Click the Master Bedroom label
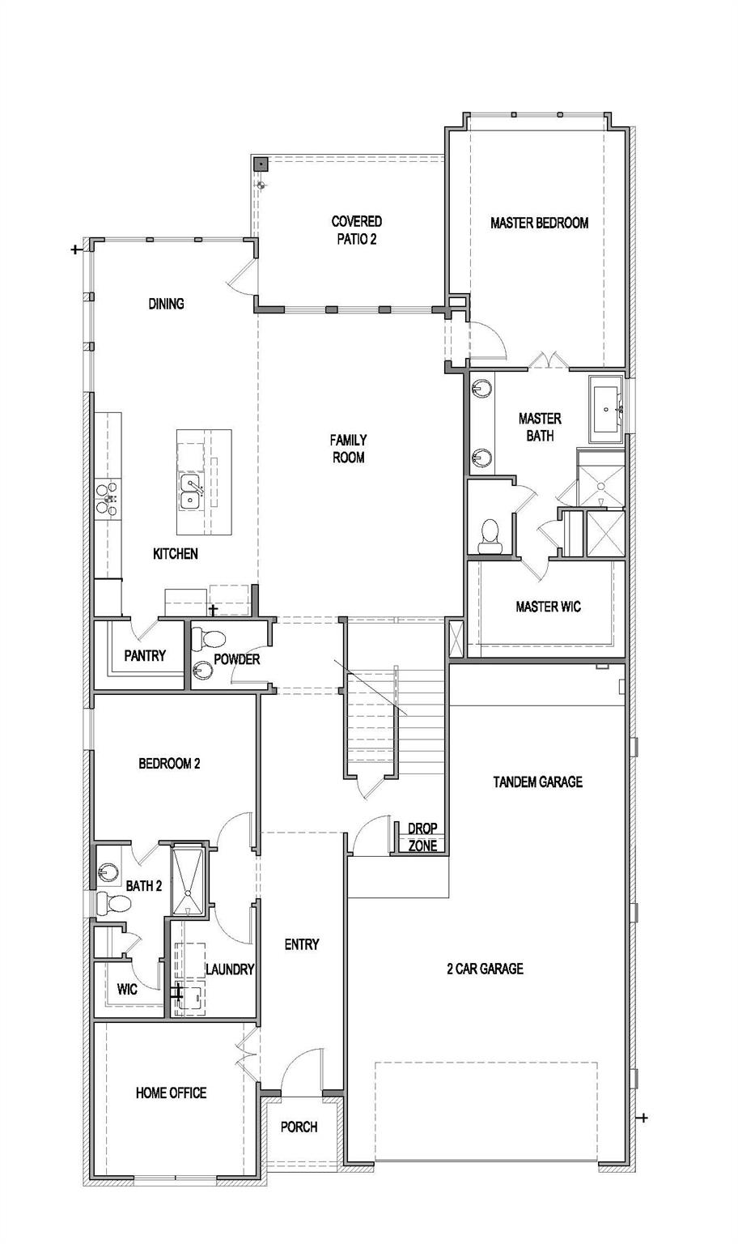pyautogui.click(x=539, y=223)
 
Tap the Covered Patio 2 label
pyautogui.click(x=356, y=230)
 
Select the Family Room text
pyautogui.click(x=347, y=449)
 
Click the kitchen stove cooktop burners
pyautogui.click(x=108, y=497)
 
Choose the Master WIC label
pyautogui.click(x=548, y=607)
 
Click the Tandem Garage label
pyautogui.click(x=537, y=782)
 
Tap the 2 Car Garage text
pyautogui.click(x=485, y=969)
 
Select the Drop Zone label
pyautogui.click(x=422, y=837)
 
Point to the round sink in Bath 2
pyautogui.click(x=108, y=872)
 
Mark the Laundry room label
pyautogui.click(x=230, y=969)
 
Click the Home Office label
pyautogui.click(x=171, y=1093)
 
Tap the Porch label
pyautogui.click(x=299, y=1127)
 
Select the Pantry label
pyautogui.click(x=145, y=656)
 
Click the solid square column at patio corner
pyautogui.click(x=261, y=164)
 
